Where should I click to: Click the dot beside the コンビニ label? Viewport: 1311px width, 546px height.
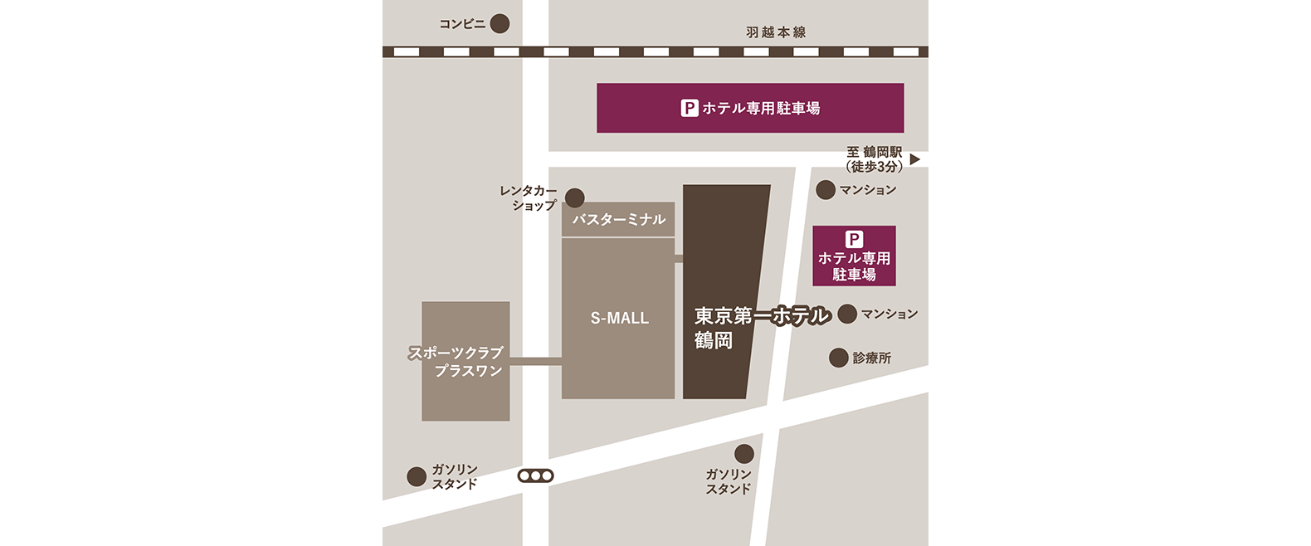pos(500,23)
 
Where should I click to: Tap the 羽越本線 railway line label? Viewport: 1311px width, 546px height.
pos(775,32)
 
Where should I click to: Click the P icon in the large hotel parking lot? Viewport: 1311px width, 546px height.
pos(690,108)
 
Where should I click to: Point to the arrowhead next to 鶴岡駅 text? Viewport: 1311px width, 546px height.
pos(914,159)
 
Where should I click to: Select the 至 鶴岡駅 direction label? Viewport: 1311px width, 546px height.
pos(874,159)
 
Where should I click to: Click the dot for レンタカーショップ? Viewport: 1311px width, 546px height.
pos(574,197)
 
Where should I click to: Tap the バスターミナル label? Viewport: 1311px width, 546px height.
pos(618,220)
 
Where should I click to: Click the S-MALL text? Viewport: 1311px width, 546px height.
pos(619,318)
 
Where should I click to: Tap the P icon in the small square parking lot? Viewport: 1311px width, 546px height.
pos(854,239)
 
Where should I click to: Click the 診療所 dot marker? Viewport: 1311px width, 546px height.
pos(839,358)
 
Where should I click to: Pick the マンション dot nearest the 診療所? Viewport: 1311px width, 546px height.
pos(847,314)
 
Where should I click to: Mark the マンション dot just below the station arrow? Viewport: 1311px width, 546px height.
pos(826,190)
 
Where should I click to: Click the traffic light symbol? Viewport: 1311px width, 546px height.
pos(535,476)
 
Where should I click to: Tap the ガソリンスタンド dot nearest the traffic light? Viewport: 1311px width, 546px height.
pos(417,476)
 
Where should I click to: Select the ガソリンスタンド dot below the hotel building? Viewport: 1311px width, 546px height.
pos(744,454)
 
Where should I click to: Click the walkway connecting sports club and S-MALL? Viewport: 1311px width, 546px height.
pos(535,361)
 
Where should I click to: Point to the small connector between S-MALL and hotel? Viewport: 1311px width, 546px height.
pos(679,259)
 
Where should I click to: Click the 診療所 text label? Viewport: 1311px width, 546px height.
pos(871,358)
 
